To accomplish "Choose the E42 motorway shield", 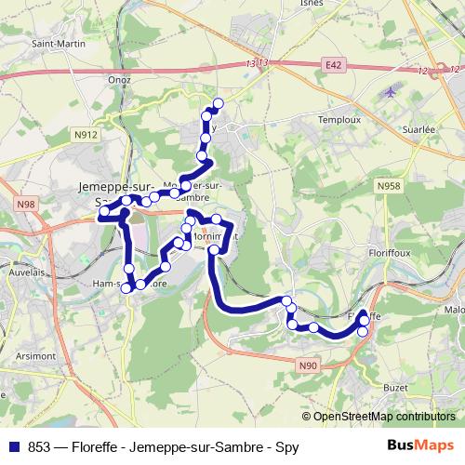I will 335,65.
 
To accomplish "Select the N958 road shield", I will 389,187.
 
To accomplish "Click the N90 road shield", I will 309,366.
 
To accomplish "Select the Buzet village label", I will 395,386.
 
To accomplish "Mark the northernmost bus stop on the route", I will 219,103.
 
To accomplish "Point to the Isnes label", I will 312,4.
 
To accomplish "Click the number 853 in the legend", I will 39,447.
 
